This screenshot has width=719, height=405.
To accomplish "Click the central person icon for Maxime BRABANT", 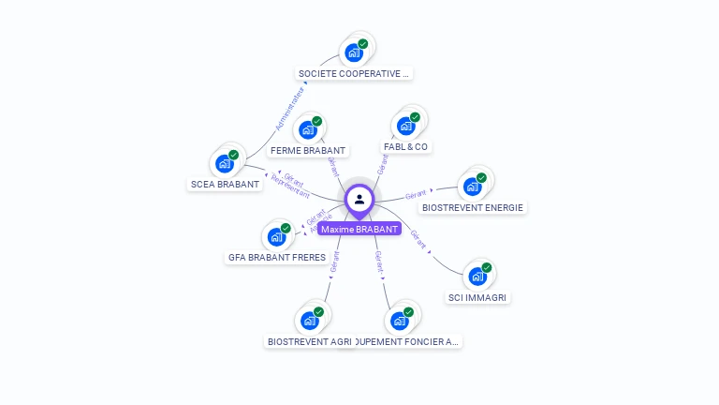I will [359, 199].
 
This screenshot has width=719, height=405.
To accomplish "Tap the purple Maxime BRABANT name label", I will [359, 229].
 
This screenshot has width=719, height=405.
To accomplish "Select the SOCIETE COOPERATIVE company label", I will [354, 73].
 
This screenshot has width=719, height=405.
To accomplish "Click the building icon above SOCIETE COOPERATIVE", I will [354, 52].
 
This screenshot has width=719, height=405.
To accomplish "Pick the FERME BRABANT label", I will [308, 150].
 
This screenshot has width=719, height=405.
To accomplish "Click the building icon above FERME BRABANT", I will [308, 129].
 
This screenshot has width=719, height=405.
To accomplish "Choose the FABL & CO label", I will [406, 147].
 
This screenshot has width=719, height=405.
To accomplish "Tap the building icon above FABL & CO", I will [406, 126].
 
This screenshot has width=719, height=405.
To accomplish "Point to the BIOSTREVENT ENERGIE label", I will [473, 207].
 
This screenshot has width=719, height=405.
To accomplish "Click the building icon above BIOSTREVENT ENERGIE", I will [473, 186].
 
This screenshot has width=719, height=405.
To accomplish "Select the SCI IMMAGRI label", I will [478, 297].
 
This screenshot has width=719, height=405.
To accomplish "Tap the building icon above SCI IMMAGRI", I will [478, 276].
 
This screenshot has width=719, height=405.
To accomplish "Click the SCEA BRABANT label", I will [225, 184].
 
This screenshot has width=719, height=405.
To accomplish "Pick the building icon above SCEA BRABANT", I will [225, 163].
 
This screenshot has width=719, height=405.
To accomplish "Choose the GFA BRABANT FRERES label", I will [277, 257].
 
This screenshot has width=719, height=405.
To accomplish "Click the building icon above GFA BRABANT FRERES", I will [277, 236].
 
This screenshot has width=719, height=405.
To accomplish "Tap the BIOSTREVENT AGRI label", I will [310, 341].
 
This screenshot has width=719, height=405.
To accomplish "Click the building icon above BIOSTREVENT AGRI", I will [310, 320].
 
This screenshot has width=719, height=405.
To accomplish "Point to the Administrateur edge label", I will [290, 108].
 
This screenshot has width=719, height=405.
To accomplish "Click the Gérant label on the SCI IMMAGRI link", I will [419, 239].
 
